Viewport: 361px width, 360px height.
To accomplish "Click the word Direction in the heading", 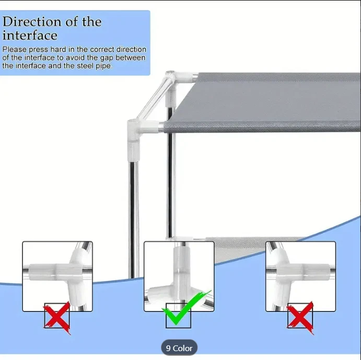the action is (32, 21).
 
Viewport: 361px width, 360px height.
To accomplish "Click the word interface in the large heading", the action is (30, 36).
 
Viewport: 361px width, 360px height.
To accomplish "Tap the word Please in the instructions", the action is (14, 50).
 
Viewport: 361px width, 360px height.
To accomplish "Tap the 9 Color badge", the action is (179, 348).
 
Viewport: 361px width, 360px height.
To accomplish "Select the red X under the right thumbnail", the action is (300, 317).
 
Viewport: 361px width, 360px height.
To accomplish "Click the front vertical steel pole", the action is (134, 219).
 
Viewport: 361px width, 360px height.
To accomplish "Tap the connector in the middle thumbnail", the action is (179, 276).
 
